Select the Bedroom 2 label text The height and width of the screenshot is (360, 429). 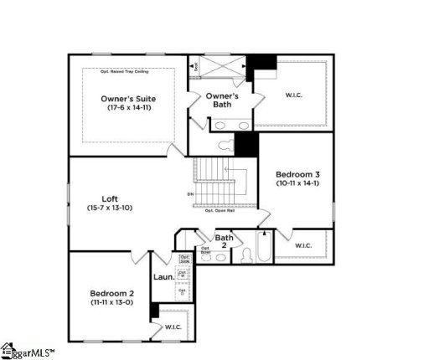click(x=112, y=297)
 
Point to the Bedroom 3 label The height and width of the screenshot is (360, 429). click(x=297, y=179)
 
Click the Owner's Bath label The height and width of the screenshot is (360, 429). click(x=222, y=101)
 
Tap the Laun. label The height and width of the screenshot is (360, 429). click(x=163, y=276)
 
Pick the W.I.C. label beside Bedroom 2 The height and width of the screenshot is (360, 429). click(x=173, y=327)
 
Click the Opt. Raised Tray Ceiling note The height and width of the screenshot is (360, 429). click(x=128, y=71)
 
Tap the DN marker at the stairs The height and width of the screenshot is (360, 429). click(x=190, y=194)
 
